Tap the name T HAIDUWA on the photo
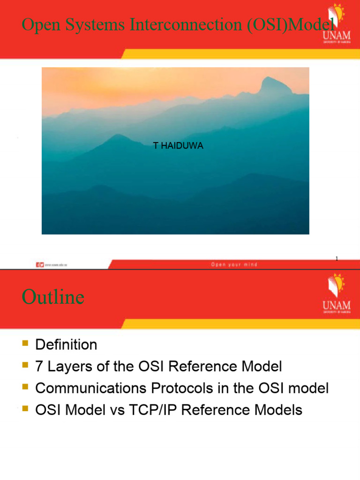click(x=178, y=146)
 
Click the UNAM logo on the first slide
click(x=336, y=24)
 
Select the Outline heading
click(x=53, y=297)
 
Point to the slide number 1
click(x=337, y=259)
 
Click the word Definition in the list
click(x=66, y=345)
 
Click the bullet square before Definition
click(x=25, y=345)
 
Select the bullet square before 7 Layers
click(x=25, y=366)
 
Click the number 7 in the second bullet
click(x=39, y=367)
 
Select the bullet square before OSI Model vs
click(x=25, y=410)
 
